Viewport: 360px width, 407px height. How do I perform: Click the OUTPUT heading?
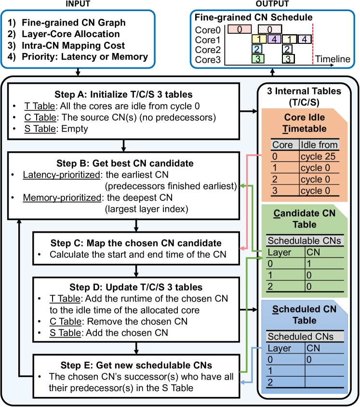272,4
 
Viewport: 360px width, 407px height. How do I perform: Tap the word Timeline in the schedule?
333,59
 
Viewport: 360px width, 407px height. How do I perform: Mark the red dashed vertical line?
313,43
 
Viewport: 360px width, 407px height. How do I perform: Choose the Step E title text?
136,365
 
